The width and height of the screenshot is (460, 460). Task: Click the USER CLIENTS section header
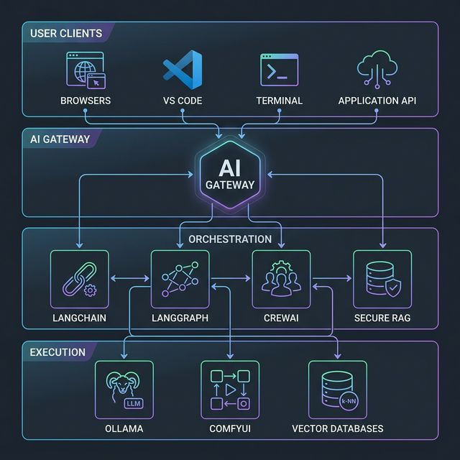pyautogui.click(x=66, y=33)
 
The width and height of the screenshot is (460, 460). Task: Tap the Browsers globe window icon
pyautogui.click(x=86, y=70)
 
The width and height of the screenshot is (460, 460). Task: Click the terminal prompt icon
pyautogui.click(x=279, y=70)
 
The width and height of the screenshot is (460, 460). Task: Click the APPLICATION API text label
pyautogui.click(x=377, y=101)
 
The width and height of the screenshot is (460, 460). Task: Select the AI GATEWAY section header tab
pyautogui.click(x=60, y=139)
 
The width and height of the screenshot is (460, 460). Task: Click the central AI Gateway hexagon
pyautogui.click(x=230, y=175)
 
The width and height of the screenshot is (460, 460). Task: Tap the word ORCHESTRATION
pyautogui.click(x=230, y=239)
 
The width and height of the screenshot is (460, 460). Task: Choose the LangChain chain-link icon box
pyautogui.click(x=80, y=279)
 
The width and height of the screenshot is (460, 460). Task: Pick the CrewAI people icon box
pyautogui.click(x=281, y=279)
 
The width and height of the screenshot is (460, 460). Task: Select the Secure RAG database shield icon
pyautogui.click(x=382, y=279)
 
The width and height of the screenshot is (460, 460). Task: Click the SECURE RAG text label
pyautogui.click(x=382, y=318)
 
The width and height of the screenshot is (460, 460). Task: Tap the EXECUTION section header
pyautogui.click(x=57, y=352)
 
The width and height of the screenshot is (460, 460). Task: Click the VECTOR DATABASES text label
pyautogui.click(x=337, y=428)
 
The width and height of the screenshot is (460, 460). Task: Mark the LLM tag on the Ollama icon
pyautogui.click(x=134, y=404)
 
